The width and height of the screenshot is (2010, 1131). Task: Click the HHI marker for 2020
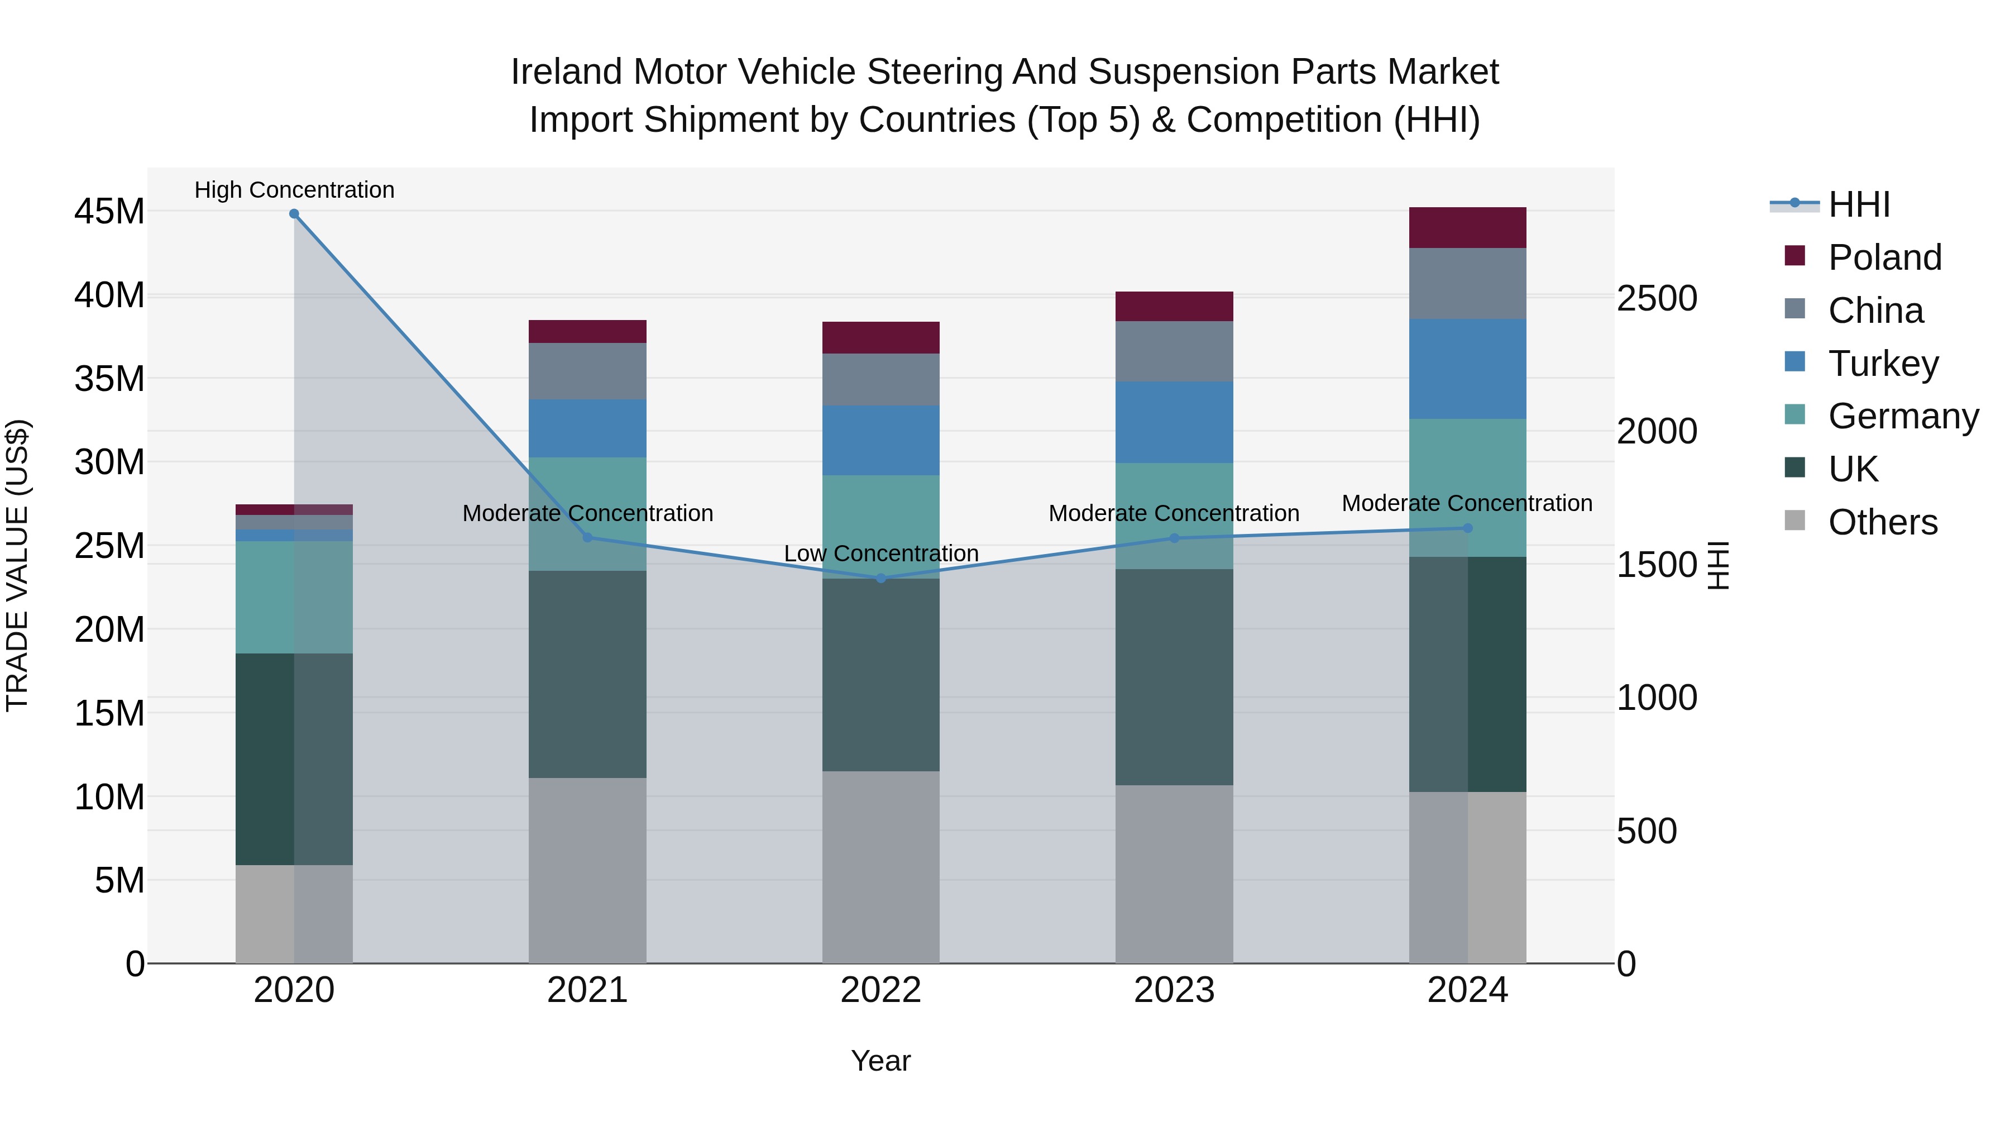tap(294, 214)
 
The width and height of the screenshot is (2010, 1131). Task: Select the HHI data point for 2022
tap(881, 579)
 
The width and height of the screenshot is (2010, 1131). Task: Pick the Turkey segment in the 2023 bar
tap(1174, 422)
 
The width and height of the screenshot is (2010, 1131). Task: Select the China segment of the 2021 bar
tap(587, 371)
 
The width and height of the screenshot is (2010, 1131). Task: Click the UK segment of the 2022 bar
tap(881, 675)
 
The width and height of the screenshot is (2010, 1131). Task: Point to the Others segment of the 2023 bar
tap(1174, 874)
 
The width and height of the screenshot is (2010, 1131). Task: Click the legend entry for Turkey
tap(1883, 364)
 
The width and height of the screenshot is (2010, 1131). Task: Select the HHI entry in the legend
tap(1859, 204)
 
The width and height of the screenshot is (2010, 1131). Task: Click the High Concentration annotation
tap(294, 190)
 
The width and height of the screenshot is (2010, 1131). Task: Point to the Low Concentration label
tap(881, 553)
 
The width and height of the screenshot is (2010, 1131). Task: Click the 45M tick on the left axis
tap(109, 212)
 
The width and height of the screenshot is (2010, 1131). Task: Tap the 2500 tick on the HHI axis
tap(1657, 298)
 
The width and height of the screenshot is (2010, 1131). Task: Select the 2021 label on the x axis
tap(587, 990)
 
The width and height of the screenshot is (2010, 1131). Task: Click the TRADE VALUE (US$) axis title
tap(17, 565)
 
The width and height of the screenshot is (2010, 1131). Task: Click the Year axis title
tap(881, 1061)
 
